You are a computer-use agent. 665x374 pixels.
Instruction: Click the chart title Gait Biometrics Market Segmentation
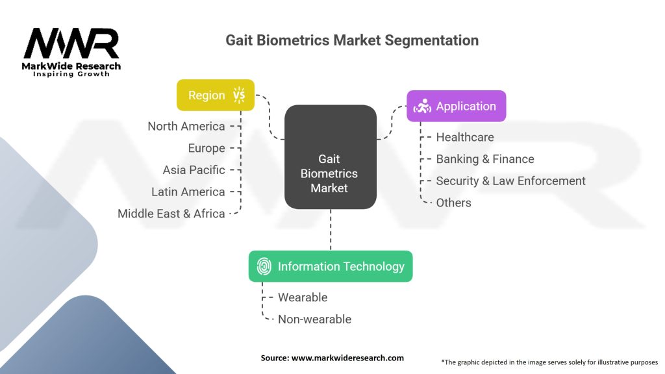coord(351,40)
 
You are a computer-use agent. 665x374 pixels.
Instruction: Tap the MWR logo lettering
coord(71,44)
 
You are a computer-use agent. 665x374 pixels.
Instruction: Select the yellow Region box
coord(216,95)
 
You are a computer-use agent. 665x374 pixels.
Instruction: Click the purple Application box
coord(456,106)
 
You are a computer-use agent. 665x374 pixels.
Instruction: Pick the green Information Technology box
coord(330,266)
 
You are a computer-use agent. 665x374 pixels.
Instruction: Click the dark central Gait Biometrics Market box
coord(330,173)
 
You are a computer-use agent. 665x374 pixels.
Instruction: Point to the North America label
coord(186,126)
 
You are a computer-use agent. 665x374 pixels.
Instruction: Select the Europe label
coord(206,148)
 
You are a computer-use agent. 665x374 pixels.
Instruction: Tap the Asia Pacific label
coord(194,170)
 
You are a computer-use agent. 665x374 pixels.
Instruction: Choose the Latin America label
coord(188,192)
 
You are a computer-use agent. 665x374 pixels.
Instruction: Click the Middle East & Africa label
coord(171,214)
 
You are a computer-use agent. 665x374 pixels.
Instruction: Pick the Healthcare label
coord(464,137)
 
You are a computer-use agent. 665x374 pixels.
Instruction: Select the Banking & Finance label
coord(484,159)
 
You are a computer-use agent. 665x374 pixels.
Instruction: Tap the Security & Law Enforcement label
coord(510,181)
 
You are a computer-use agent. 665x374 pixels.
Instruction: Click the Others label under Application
coord(453,203)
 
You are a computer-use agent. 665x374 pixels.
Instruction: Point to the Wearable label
coord(302,297)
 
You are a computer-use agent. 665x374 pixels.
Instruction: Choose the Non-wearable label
coord(314,319)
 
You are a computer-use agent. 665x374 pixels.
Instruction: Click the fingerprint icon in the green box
coord(264,266)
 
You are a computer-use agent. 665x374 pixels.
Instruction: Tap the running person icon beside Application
coord(422,106)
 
